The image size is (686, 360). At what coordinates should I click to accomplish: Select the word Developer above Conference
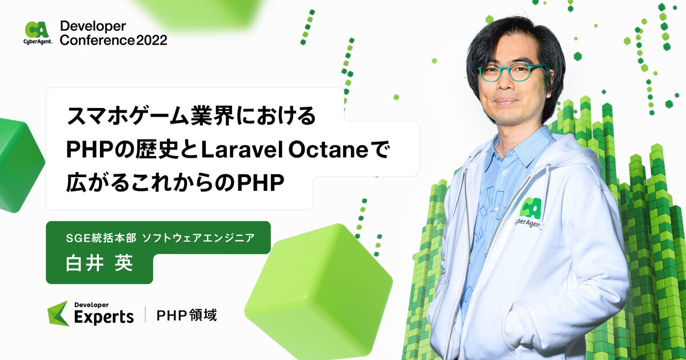click(93, 26)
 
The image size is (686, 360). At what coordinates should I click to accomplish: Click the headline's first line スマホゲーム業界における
click(191, 117)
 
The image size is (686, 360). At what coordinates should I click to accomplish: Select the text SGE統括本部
click(100, 237)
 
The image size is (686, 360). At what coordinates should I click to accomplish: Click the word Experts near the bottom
click(104, 317)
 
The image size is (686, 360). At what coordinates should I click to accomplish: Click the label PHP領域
click(187, 315)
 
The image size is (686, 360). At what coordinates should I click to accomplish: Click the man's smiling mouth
click(506, 101)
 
